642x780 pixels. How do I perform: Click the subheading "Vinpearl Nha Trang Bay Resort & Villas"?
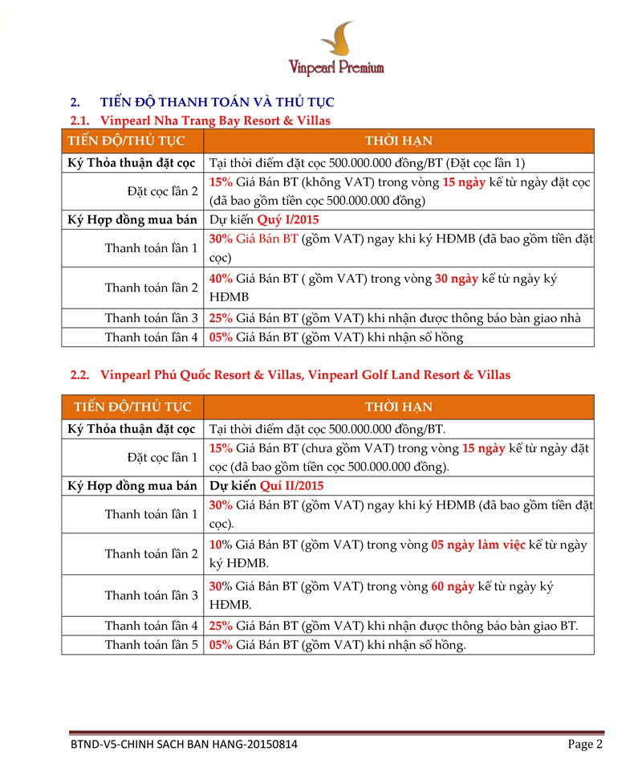click(x=214, y=120)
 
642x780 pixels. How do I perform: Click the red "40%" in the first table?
click(x=221, y=279)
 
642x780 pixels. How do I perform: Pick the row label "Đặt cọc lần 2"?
click(x=162, y=191)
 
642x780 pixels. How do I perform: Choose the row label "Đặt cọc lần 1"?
click(x=162, y=458)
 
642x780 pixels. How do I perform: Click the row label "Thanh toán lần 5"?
click(x=151, y=644)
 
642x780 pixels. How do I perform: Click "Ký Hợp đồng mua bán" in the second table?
click(x=132, y=486)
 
